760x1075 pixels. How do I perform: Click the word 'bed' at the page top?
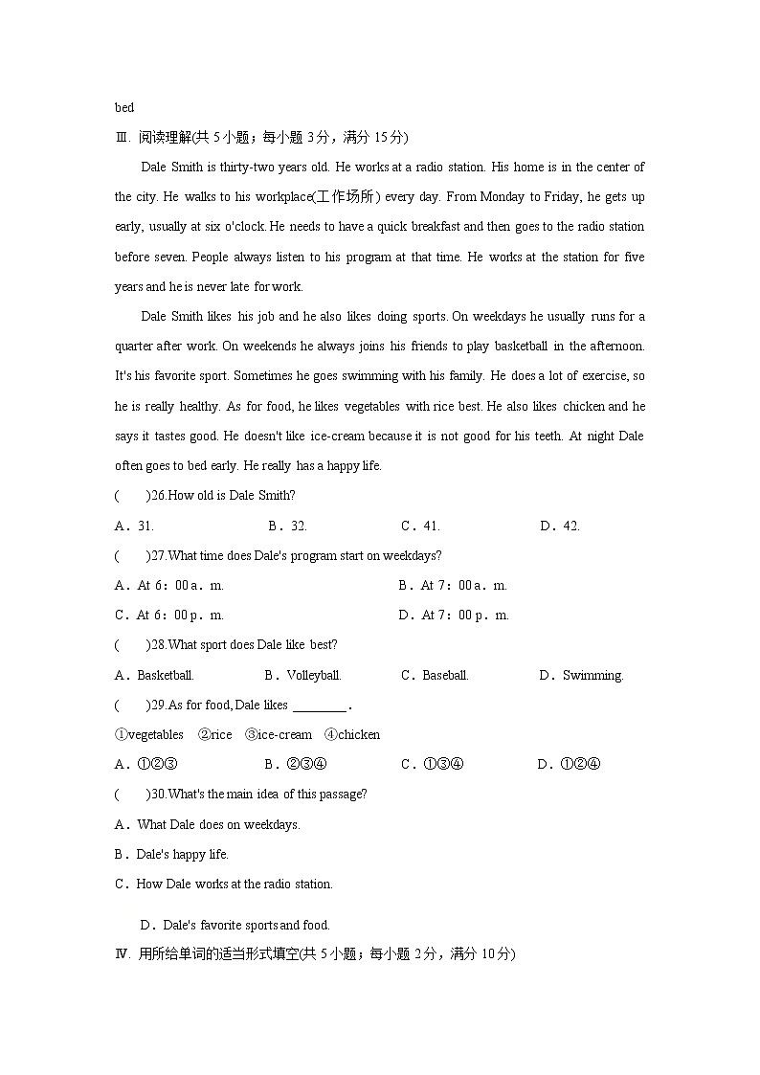point(124,107)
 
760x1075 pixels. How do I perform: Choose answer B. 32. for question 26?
point(287,526)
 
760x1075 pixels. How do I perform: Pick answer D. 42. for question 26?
point(560,526)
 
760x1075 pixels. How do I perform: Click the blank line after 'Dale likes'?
point(320,706)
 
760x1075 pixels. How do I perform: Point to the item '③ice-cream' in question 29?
point(279,734)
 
